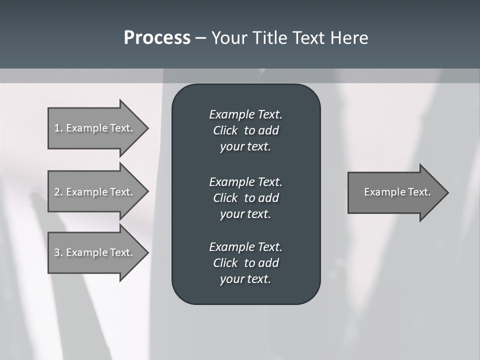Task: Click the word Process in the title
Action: pyautogui.click(x=157, y=38)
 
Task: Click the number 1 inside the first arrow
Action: pyautogui.click(x=57, y=128)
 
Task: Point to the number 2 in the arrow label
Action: pyautogui.click(x=57, y=192)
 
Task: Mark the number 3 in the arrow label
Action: pyautogui.click(x=57, y=252)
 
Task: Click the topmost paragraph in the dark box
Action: pyautogui.click(x=245, y=130)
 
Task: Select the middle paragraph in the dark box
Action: pyautogui.click(x=245, y=197)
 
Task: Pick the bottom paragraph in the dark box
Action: pyautogui.click(x=245, y=263)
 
